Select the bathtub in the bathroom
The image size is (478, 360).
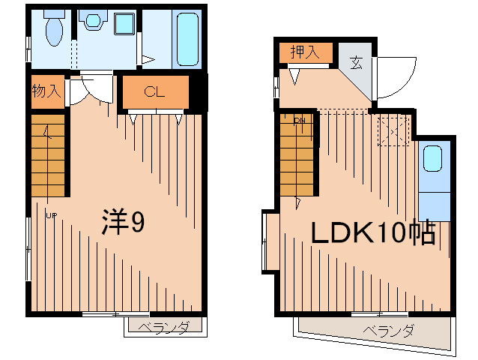187,39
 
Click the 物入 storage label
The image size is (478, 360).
46,91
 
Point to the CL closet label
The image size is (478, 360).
154,92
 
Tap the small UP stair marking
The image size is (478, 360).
51,217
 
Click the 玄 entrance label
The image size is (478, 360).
356,64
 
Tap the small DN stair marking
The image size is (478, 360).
300,121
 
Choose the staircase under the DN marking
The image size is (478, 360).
297,157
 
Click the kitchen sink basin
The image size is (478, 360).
433,159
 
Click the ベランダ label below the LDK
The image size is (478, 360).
389,330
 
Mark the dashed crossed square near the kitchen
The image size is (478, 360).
393,131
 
